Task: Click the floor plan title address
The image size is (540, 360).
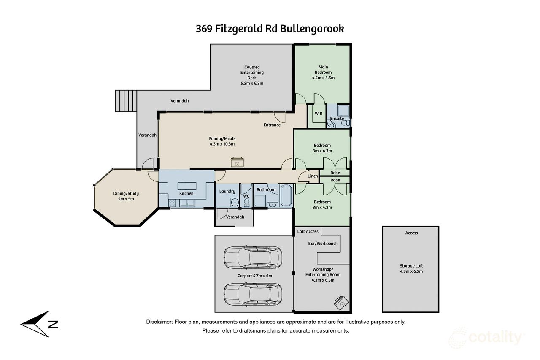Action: [270, 29]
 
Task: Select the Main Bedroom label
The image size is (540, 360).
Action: [323, 70]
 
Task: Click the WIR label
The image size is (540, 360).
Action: [319, 114]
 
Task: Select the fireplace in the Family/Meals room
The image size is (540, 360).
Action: [237, 162]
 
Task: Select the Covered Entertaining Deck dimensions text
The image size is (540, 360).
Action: [251, 84]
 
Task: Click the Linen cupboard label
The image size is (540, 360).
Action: [313, 176]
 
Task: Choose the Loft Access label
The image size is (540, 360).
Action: [308, 231]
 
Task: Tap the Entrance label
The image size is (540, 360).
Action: [272, 125]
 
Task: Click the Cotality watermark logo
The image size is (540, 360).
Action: [487, 338]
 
